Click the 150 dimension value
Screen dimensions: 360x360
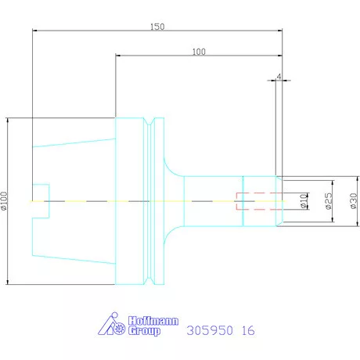[x=157, y=27]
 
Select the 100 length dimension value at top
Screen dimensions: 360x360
[x=199, y=52]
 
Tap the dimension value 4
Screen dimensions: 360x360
[x=279, y=77]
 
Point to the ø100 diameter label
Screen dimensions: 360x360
[x=4, y=201]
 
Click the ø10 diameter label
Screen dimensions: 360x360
[x=303, y=201]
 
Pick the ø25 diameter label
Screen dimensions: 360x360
[x=329, y=201]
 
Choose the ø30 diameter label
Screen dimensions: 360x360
[x=353, y=201]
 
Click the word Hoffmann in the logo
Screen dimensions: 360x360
[x=153, y=321]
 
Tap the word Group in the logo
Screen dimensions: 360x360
[x=144, y=331]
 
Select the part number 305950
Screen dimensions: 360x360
[x=210, y=330]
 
